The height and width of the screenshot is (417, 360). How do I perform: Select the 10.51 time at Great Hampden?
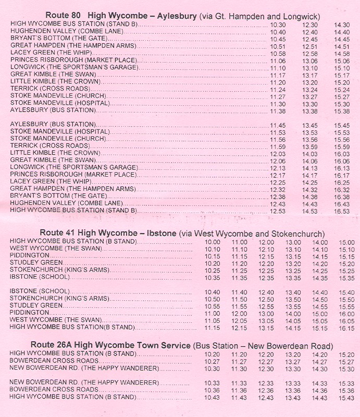point(278,46)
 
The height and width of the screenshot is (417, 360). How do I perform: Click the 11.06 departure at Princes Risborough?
point(278,61)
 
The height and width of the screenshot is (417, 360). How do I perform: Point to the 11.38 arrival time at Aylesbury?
point(278,111)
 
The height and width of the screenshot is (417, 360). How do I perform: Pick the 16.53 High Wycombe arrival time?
point(342,211)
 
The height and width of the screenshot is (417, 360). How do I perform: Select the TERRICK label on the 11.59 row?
point(24,146)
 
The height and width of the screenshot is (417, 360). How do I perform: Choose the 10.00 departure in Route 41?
point(213,242)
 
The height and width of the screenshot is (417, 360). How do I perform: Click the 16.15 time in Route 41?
point(346,328)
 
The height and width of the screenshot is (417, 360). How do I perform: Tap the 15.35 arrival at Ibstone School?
point(346,278)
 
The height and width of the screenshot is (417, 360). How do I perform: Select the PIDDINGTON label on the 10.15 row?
point(30,256)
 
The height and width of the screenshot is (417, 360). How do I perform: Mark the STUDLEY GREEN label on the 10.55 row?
point(36,305)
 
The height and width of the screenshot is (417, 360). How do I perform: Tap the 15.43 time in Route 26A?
point(346,398)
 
